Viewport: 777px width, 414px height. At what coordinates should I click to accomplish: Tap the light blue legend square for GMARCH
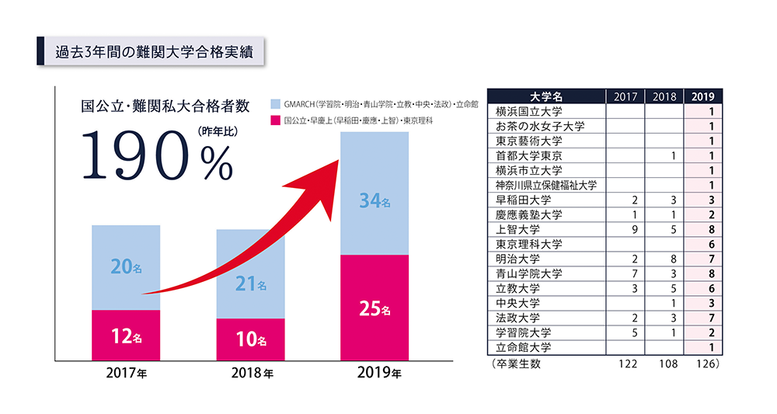[276, 103]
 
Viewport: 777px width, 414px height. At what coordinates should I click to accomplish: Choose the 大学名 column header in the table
[545, 96]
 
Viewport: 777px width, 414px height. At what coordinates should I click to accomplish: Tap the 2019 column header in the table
[703, 96]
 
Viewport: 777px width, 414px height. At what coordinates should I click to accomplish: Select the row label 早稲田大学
[524, 200]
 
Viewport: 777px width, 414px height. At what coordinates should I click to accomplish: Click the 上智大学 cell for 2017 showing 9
[636, 229]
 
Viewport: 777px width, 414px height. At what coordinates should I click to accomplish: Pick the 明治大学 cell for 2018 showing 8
[673, 259]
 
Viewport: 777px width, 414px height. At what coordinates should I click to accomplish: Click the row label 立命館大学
[524, 346]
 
